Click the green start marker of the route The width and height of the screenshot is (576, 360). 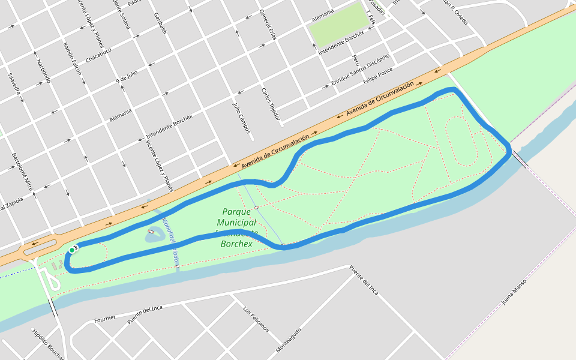(71, 250)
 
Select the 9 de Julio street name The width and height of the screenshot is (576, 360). (127, 76)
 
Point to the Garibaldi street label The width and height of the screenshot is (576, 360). (160, 28)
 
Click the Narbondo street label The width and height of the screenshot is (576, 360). (43, 71)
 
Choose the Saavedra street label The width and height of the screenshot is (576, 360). (14, 83)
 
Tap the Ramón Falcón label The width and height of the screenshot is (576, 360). (72, 58)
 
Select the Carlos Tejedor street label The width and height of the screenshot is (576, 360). (271, 103)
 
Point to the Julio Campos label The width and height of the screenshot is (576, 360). (241, 116)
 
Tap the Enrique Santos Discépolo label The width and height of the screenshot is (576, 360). (360, 70)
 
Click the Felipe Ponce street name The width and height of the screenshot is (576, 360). (378, 75)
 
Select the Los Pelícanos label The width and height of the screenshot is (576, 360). (256, 320)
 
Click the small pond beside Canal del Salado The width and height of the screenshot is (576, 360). (155, 235)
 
